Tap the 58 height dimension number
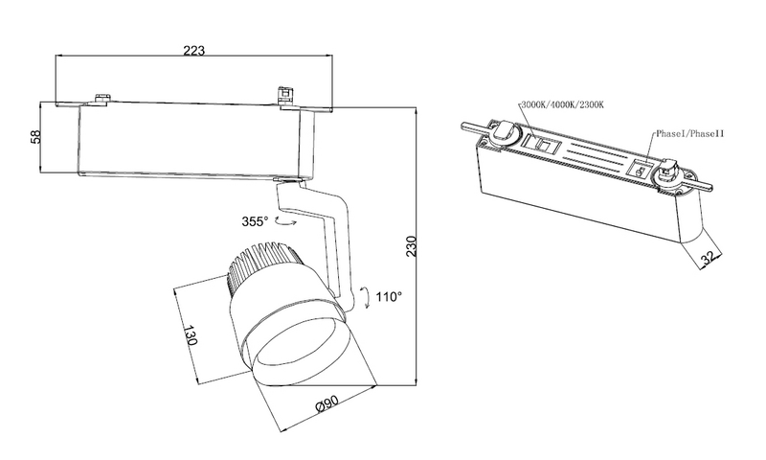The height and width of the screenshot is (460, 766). tap(36, 137)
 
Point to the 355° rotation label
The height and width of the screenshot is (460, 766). tap(255, 221)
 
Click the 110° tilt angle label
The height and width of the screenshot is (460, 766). tap(387, 297)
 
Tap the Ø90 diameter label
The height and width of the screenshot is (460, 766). tap(328, 407)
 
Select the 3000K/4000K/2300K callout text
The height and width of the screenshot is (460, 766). tap(565, 104)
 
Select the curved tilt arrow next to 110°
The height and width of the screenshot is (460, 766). tap(365, 298)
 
